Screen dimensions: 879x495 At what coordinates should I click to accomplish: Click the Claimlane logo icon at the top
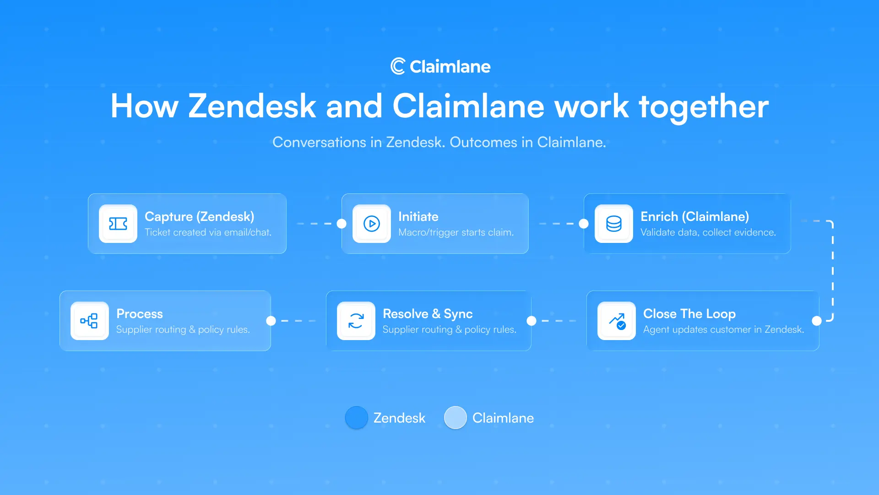pyautogui.click(x=397, y=66)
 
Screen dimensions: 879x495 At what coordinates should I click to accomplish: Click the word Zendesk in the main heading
pyautogui.click(x=252, y=106)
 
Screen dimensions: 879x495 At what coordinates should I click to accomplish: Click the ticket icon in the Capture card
pyautogui.click(x=118, y=224)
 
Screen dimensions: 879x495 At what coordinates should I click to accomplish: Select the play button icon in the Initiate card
pyautogui.click(x=372, y=224)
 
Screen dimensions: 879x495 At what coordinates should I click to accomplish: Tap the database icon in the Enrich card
pyautogui.click(x=614, y=224)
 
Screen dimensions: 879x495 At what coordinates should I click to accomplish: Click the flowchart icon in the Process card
pyautogui.click(x=90, y=321)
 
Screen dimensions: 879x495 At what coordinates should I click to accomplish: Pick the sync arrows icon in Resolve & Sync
pyautogui.click(x=356, y=321)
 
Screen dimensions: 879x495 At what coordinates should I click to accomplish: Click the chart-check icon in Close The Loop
pyautogui.click(x=617, y=321)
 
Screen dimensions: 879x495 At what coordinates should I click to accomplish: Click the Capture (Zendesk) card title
pyautogui.click(x=199, y=216)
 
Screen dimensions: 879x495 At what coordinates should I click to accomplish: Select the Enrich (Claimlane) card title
pyautogui.click(x=695, y=216)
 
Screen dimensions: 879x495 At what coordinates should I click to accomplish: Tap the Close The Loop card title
pyautogui.click(x=689, y=313)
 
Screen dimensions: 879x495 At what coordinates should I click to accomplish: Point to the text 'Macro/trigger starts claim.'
pyautogui.click(x=456, y=232)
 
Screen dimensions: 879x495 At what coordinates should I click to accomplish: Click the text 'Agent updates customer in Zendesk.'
pyautogui.click(x=723, y=330)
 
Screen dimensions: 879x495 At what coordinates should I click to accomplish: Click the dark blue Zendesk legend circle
pyautogui.click(x=357, y=418)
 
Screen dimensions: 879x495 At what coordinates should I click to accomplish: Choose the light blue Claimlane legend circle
pyautogui.click(x=456, y=418)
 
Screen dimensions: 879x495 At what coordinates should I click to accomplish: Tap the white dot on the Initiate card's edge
pyautogui.click(x=342, y=224)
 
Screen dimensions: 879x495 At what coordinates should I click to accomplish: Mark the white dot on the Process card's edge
pyautogui.click(x=271, y=321)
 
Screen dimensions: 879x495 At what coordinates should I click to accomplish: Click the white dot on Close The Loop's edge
pyautogui.click(x=817, y=321)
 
